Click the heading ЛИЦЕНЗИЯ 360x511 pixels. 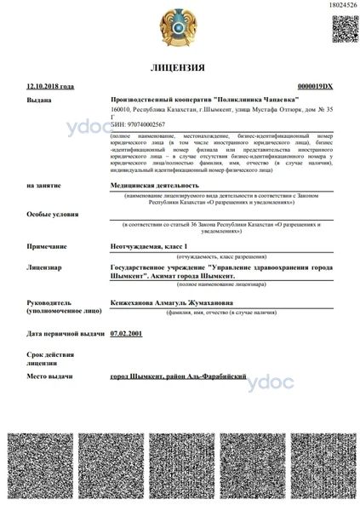pyautogui.click(x=180, y=67)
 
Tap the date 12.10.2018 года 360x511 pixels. pyautogui.click(x=50, y=87)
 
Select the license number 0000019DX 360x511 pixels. pyautogui.click(x=316, y=87)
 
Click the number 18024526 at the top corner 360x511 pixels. pyautogui.click(x=340, y=5)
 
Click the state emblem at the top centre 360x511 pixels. pyautogui.click(x=180, y=27)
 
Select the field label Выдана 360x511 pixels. pyautogui.click(x=39, y=100)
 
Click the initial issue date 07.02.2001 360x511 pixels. pyautogui.click(x=127, y=333)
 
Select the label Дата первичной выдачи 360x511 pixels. pyautogui.click(x=66, y=333)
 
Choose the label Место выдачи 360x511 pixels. pyautogui.click(x=49, y=376)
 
